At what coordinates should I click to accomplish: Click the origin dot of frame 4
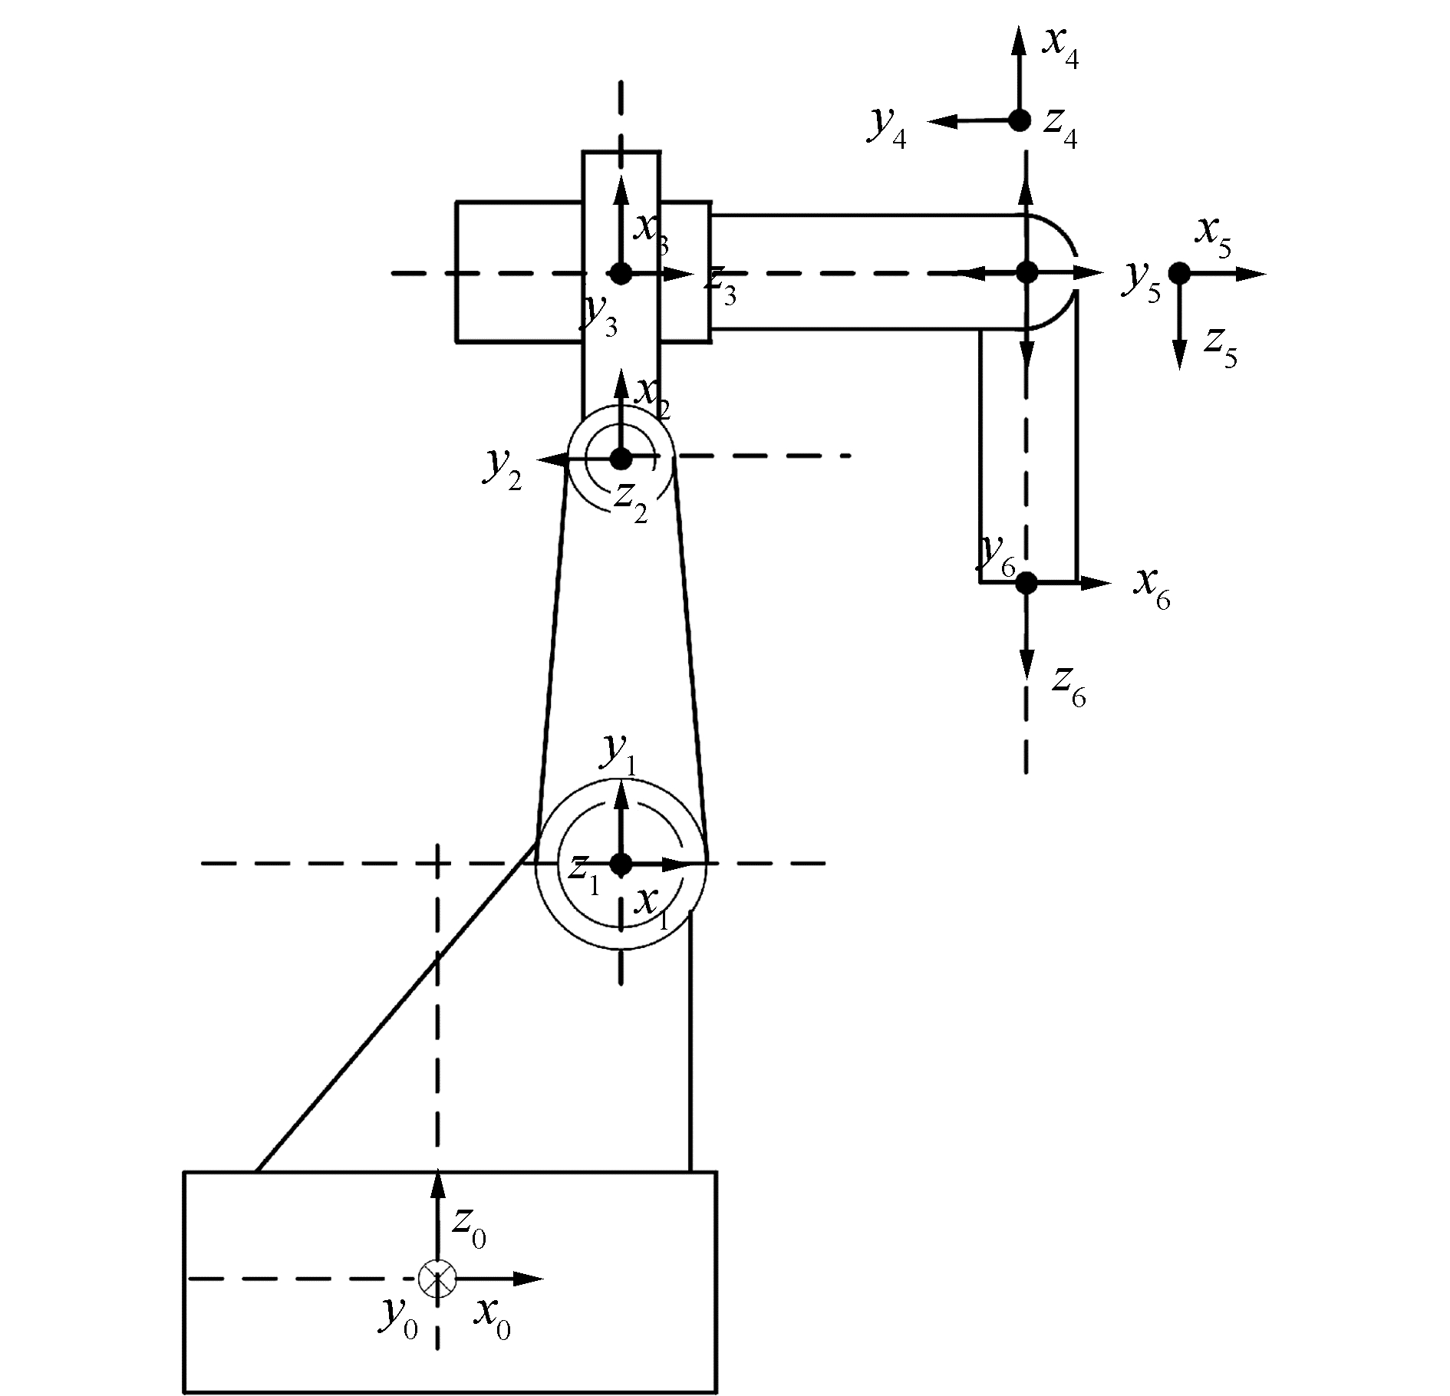pos(1020,120)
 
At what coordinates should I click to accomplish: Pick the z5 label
pos(1221,347)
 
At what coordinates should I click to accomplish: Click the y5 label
pos(1142,282)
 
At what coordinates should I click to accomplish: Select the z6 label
pos(1069,685)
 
